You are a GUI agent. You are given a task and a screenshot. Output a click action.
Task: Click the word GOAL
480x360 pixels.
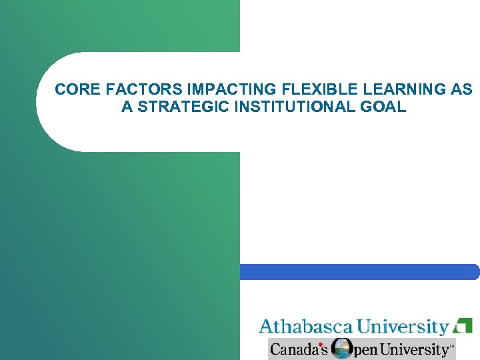click(385, 107)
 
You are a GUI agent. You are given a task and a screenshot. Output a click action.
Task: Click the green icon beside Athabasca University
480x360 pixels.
click(463, 326)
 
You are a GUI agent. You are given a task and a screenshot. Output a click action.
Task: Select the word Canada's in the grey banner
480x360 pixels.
click(298, 349)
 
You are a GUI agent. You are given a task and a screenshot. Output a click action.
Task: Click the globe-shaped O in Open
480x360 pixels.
click(343, 349)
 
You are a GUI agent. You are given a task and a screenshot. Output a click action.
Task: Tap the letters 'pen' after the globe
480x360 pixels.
click(366, 350)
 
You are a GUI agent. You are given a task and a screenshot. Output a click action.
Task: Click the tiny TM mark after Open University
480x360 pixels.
click(452, 346)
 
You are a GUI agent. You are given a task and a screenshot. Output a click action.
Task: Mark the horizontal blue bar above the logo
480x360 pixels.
click(359, 272)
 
